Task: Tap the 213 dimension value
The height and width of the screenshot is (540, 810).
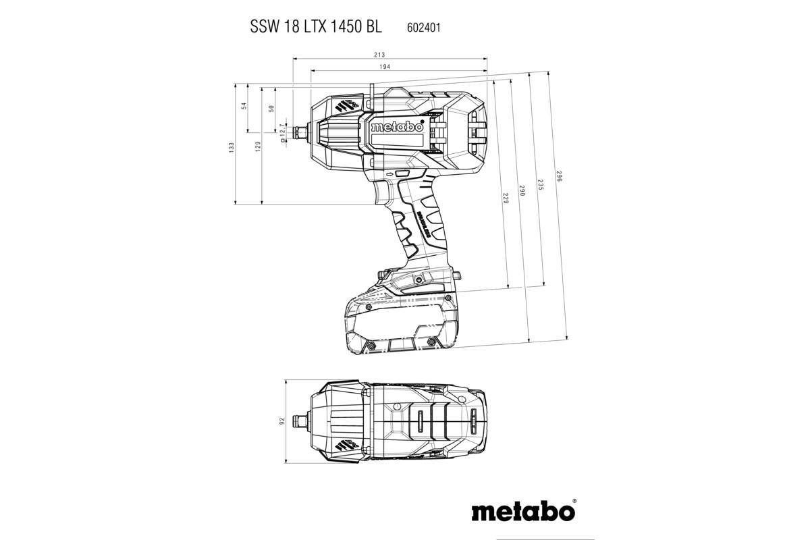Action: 379,55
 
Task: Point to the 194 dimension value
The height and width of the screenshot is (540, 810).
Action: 385,66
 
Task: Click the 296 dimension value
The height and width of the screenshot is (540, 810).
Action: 560,177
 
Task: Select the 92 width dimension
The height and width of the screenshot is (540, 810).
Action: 282,421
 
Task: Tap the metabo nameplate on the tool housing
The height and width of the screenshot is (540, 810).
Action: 397,126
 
